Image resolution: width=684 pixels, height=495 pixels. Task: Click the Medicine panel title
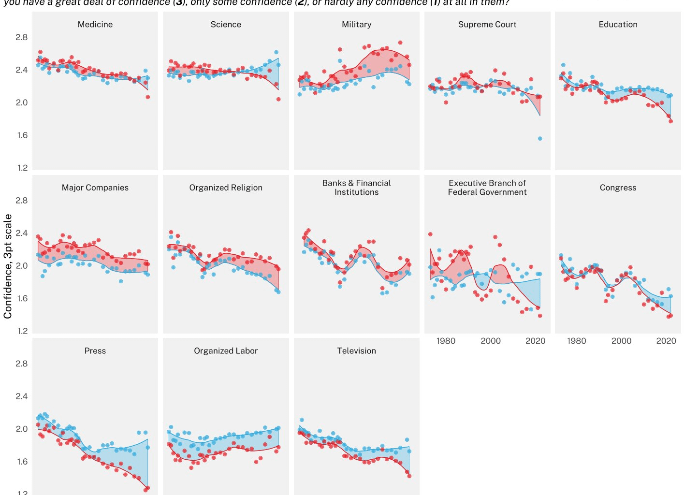[x=95, y=25]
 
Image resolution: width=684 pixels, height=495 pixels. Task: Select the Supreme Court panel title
[x=487, y=25]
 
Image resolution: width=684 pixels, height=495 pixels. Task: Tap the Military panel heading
[x=357, y=25]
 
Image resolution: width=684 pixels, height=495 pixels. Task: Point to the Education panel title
[x=618, y=25]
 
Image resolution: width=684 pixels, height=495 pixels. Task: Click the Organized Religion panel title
[x=226, y=188]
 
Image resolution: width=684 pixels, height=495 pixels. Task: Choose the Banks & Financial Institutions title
[x=357, y=188]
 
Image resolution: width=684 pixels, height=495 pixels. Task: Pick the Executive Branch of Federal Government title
[x=487, y=188]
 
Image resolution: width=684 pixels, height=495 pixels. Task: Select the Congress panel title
[x=618, y=188]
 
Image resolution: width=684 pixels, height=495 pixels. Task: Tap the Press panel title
[x=95, y=351]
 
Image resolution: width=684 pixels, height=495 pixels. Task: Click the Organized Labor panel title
[x=226, y=351]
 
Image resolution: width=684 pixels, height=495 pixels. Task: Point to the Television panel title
[x=357, y=351]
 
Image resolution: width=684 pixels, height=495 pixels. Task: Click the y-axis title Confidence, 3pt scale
[x=8, y=266]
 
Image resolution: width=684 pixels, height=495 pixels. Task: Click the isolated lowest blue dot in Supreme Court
[x=540, y=139]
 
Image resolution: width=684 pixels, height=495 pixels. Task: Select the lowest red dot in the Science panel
[x=278, y=99]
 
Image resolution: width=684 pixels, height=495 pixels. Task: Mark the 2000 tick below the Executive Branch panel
[x=491, y=341]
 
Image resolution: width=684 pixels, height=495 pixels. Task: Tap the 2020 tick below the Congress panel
[x=666, y=341]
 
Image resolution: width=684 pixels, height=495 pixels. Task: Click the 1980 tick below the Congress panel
[x=576, y=341]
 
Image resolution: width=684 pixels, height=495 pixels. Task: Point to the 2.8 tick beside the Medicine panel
[x=22, y=37]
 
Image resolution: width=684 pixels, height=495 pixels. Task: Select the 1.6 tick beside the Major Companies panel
[x=22, y=298]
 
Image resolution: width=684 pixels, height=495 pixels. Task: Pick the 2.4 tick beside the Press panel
[x=22, y=396]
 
